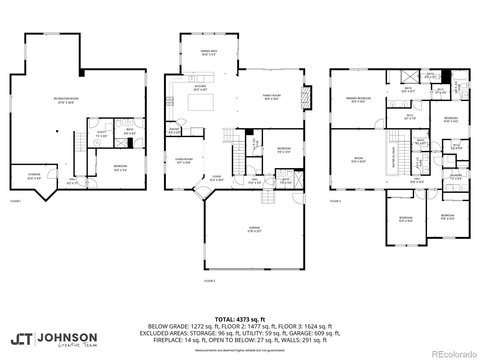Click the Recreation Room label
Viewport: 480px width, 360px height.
pyautogui.click(x=66, y=100)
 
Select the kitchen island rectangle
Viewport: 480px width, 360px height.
pyautogui.click(x=201, y=102)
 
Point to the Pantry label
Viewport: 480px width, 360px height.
pyautogui.click(x=174, y=131)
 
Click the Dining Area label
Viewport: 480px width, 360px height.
pyautogui.click(x=209, y=53)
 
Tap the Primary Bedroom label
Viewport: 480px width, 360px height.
pyautogui.click(x=358, y=100)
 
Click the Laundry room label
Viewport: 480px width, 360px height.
pyautogui.click(x=456, y=177)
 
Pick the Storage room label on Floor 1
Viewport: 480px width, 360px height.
pyautogui.click(x=34, y=176)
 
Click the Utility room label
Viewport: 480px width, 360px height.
pyautogui.click(x=101, y=134)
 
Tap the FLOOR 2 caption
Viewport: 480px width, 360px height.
pyautogui.click(x=210, y=281)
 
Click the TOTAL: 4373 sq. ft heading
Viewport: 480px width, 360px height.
pyautogui.click(x=240, y=319)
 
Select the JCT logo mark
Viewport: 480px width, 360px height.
pyautogui.click(x=22, y=339)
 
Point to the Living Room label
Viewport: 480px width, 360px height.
pyautogui.click(x=184, y=161)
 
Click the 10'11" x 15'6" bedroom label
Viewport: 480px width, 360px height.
pyautogui.click(x=406, y=219)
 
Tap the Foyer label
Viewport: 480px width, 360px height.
pyautogui.click(x=217, y=178)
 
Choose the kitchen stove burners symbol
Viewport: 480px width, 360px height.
pyautogui.click(x=170, y=101)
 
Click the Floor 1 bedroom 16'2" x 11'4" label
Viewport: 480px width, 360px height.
pyautogui.click(x=120, y=168)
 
